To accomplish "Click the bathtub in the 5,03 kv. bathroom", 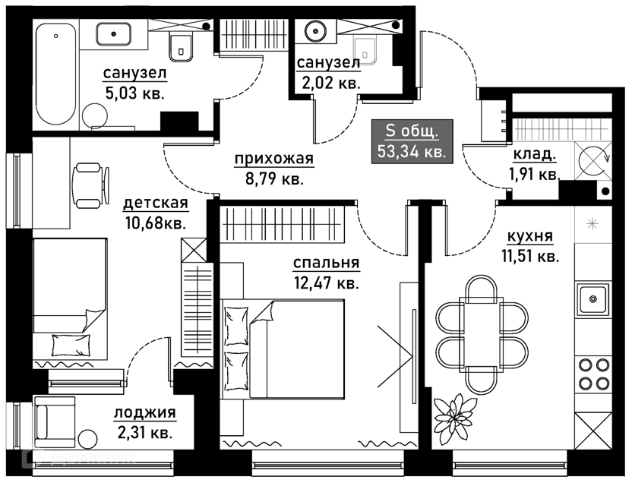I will point(58,76).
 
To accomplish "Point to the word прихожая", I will point(263,160).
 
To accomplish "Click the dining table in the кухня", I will point(482,334).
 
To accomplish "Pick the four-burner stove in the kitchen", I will point(593,373).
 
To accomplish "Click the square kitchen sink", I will point(592,299).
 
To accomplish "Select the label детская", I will point(155,204).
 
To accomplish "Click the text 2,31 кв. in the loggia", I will point(144,434).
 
